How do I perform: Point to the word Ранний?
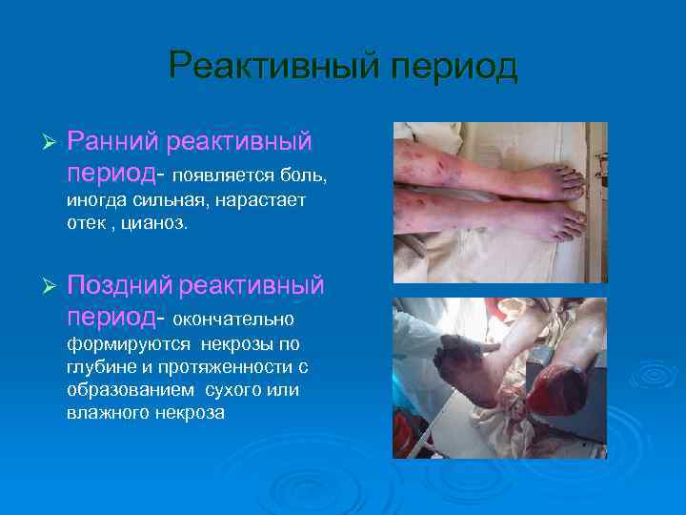(113, 142)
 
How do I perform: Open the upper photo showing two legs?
(500, 202)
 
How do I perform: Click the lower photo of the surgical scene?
(500, 379)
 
